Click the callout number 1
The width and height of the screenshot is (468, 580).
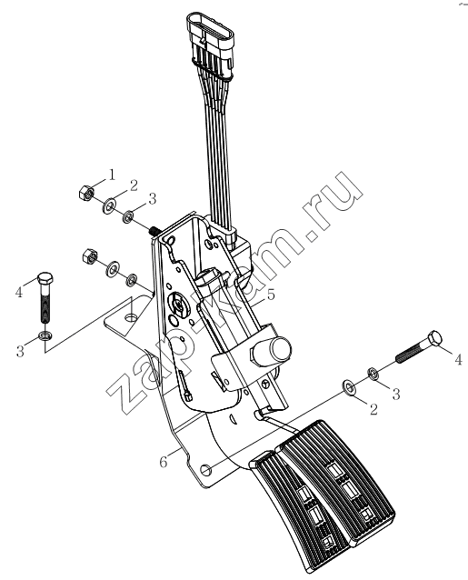pyautogui.click(x=111, y=175)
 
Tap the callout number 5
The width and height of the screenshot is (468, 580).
pyautogui.click(x=271, y=295)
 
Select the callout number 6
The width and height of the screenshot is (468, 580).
pyautogui.click(x=164, y=462)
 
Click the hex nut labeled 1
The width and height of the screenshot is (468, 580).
pyautogui.click(x=87, y=192)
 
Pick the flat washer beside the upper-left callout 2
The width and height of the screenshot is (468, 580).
pyautogui.click(x=109, y=205)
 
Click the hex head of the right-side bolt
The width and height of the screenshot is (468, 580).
pyautogui.click(x=434, y=339)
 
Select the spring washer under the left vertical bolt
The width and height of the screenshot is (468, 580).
pyautogui.click(x=45, y=335)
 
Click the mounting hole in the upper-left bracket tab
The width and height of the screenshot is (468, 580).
pyautogui.click(x=130, y=317)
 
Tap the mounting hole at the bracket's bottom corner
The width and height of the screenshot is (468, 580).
pyautogui.click(x=206, y=470)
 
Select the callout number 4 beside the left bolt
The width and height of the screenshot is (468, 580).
pyautogui.click(x=19, y=293)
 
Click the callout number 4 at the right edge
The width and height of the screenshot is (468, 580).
pyautogui.click(x=458, y=359)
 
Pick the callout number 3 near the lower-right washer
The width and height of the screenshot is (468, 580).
pyautogui.click(x=396, y=394)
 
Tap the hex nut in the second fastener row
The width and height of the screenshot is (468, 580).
pyautogui.click(x=89, y=255)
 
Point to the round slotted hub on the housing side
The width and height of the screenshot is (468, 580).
pyautogui.click(x=179, y=304)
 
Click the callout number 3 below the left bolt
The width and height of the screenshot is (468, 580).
pyautogui.click(x=20, y=351)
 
